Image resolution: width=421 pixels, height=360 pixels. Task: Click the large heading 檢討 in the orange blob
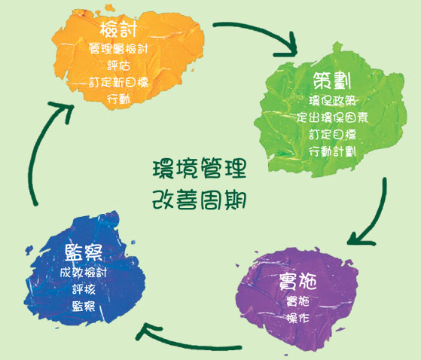coord(118,29)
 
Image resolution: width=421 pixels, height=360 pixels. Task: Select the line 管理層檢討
coord(118,49)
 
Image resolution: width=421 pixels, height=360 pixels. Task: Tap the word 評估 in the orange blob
coord(119,66)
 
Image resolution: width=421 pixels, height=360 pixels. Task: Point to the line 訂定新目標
coord(118,82)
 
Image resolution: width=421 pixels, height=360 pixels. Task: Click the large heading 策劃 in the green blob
coord(332,81)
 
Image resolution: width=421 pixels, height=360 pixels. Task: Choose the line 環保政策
coord(332,101)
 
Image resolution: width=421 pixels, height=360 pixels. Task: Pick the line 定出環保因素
coord(332,117)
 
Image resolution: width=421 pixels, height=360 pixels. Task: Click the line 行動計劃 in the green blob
coord(332,151)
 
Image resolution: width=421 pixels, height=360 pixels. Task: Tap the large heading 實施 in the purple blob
coord(297,282)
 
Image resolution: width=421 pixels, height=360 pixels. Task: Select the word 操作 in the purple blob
coord(297,318)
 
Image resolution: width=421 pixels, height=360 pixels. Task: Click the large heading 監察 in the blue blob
coord(84,252)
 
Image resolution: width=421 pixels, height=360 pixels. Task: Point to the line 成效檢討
coord(84,273)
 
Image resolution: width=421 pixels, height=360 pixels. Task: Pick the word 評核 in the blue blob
coord(84,289)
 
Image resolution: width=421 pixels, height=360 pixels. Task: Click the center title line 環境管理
coord(200,169)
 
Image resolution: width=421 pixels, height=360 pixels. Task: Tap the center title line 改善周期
coord(200,200)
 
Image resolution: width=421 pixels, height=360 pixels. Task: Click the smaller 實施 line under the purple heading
coord(297,301)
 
